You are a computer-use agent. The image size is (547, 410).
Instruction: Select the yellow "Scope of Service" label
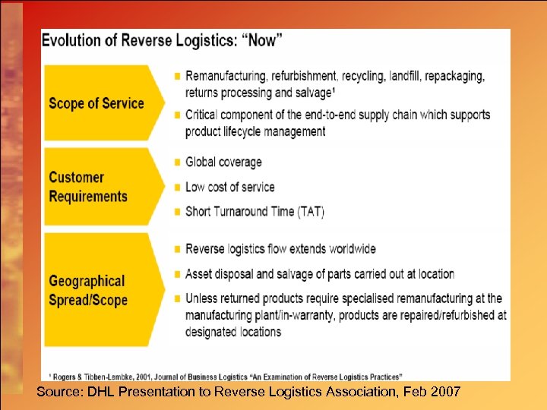pos(96,103)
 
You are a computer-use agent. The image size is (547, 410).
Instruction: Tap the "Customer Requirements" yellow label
pos(87,187)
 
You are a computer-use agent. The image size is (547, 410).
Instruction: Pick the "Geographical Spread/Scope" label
pos(87,291)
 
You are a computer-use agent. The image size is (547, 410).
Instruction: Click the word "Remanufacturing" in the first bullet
pos(229,77)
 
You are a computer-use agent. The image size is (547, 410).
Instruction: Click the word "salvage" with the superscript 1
pos(312,93)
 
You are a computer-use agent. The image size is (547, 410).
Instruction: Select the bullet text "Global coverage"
pos(223,162)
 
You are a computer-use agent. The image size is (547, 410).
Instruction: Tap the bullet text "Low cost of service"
pos(230,187)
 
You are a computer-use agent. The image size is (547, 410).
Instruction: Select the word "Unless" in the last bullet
pos(201,298)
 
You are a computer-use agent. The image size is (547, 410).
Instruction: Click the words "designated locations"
pos(233,332)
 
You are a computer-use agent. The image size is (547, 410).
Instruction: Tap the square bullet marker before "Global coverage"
pos(177,162)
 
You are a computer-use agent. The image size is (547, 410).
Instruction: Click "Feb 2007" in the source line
pos(432,391)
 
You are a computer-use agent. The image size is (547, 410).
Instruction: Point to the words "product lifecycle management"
pos(255,131)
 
